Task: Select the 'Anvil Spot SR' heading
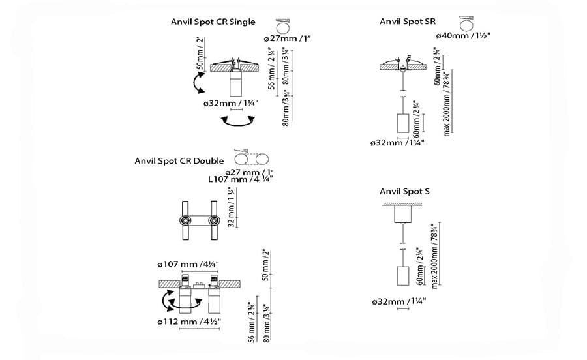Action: (x=408, y=22)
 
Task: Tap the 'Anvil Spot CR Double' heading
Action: (x=179, y=160)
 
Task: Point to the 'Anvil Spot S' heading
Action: (x=404, y=191)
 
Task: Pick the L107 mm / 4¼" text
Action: (x=240, y=178)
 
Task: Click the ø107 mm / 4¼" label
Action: (x=188, y=263)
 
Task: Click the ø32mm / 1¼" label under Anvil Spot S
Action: (x=397, y=301)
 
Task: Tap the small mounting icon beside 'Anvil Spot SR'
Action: (x=464, y=22)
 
